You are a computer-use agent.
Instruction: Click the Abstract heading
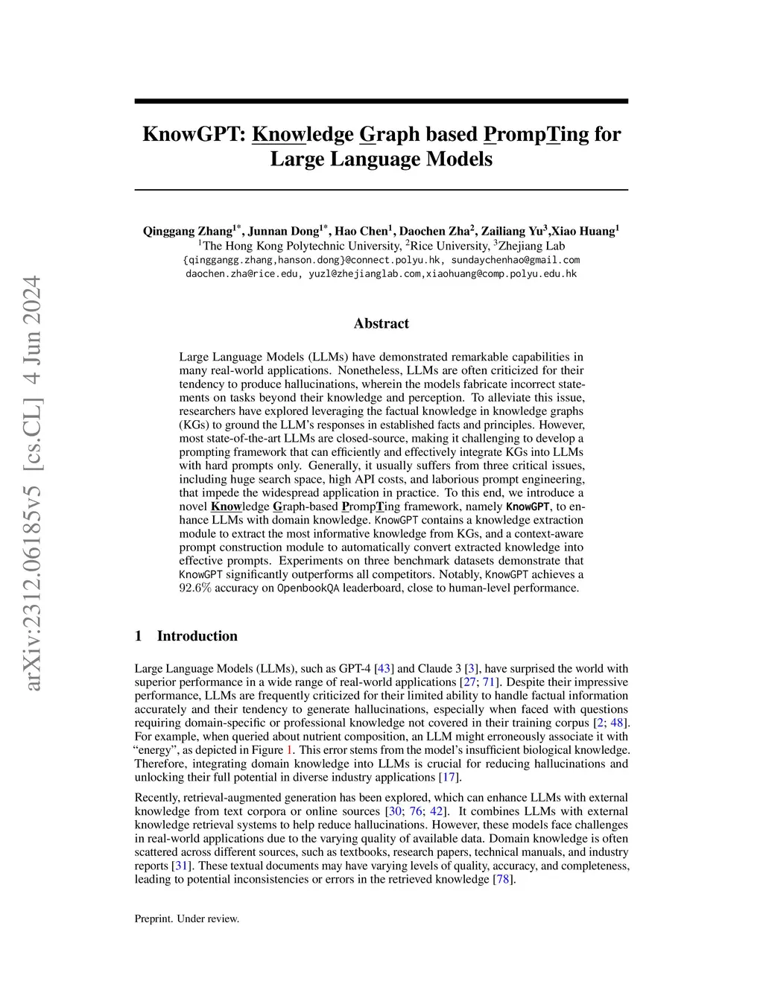pyautogui.click(x=381, y=323)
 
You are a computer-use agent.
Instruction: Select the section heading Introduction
pyautogui.click(x=197, y=635)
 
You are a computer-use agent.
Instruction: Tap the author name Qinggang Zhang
pyautogui.click(x=188, y=231)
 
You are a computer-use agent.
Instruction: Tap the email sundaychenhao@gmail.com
pyautogui.click(x=516, y=260)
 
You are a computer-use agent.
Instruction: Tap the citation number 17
pyautogui.click(x=449, y=778)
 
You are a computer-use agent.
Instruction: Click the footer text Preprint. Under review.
pyautogui.click(x=187, y=918)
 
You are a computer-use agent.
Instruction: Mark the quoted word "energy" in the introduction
pyautogui.click(x=156, y=750)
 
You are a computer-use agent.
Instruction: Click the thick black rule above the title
pyautogui.click(x=381, y=101)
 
